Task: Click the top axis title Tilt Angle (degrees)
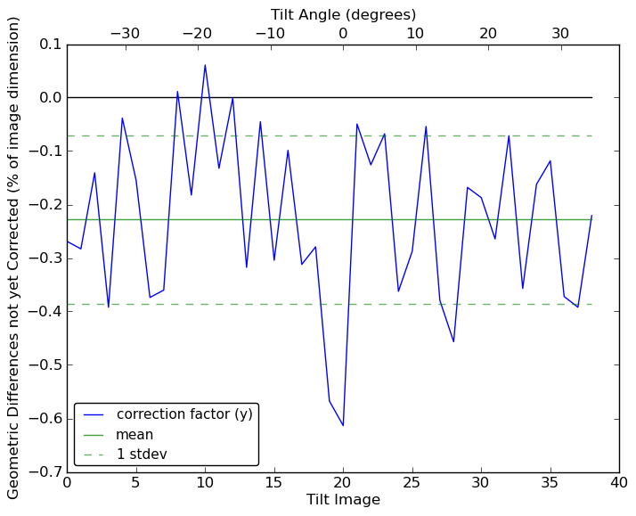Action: [x=343, y=14]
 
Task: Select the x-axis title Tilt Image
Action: [x=343, y=500]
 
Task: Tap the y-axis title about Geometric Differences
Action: [x=14, y=258]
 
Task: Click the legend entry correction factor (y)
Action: [x=184, y=414]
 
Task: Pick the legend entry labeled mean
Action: [x=135, y=435]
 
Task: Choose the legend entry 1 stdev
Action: [x=142, y=455]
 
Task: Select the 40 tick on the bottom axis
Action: [x=619, y=483]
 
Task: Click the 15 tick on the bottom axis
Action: [x=274, y=483]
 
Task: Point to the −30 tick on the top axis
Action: [x=125, y=34]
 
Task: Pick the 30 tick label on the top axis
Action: [x=560, y=34]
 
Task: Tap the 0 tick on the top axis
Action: [x=343, y=34]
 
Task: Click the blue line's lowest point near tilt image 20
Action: [x=343, y=425]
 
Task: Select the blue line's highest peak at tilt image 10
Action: [x=205, y=65]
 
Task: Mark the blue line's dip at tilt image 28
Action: [x=453, y=341]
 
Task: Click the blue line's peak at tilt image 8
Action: [x=177, y=92]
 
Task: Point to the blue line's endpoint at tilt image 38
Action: [x=591, y=216]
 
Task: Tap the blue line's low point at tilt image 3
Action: [x=109, y=307]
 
